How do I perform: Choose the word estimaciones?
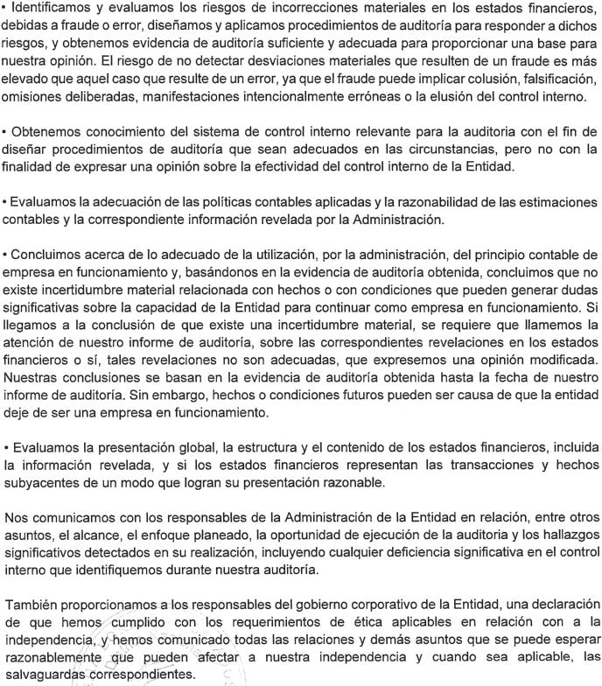tap(552, 201)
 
